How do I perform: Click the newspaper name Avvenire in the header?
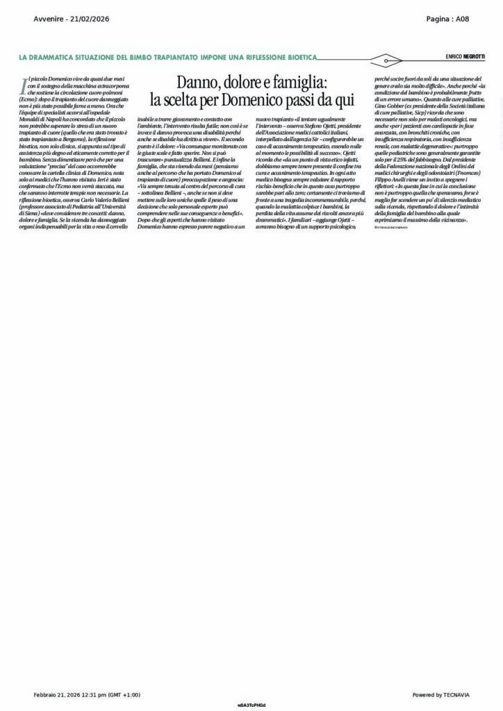49,19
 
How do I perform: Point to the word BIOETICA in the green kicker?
295,56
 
